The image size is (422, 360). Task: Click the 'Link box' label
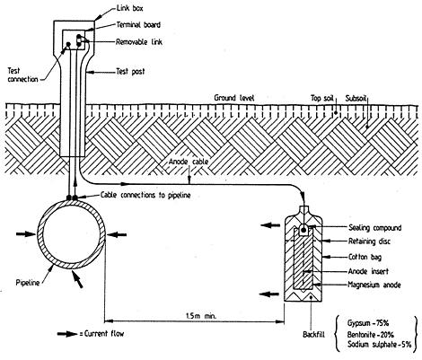[129, 8]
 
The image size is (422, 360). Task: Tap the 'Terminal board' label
[138, 25]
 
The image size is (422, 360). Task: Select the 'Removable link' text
[139, 42]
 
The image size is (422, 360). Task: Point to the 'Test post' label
[130, 72]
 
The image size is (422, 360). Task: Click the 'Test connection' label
[22, 75]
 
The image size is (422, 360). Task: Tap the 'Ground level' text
[234, 98]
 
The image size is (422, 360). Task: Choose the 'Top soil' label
[322, 98]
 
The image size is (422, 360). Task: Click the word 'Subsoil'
[356, 98]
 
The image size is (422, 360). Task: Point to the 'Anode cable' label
[189, 162]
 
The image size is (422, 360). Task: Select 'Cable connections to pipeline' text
[145, 195]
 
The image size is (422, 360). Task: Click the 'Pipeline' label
[28, 283]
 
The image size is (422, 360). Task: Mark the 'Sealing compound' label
[374, 228]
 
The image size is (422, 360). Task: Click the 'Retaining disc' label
[369, 241]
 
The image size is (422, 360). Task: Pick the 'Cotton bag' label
[365, 257]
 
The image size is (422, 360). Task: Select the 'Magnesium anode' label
[374, 285]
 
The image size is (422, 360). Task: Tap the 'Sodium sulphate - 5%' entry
[380, 344]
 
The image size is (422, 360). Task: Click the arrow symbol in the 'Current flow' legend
[67, 334]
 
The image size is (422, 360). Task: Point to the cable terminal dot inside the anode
[303, 230]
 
